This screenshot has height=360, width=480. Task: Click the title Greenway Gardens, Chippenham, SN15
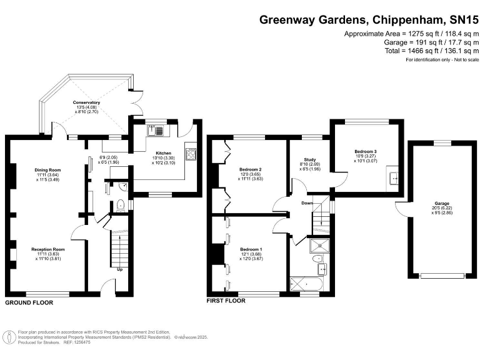click(369, 20)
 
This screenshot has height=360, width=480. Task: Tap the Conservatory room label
click(86, 102)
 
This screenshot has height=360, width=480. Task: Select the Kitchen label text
click(163, 152)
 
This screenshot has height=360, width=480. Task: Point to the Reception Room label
click(48, 249)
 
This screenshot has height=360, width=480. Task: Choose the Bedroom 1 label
click(251, 249)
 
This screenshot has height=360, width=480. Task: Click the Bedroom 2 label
click(250, 169)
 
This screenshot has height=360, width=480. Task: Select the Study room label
click(311, 159)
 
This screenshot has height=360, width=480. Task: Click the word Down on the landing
click(307, 202)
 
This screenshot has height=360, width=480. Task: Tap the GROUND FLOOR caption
click(29, 302)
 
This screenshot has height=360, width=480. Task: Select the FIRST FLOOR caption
click(226, 301)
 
